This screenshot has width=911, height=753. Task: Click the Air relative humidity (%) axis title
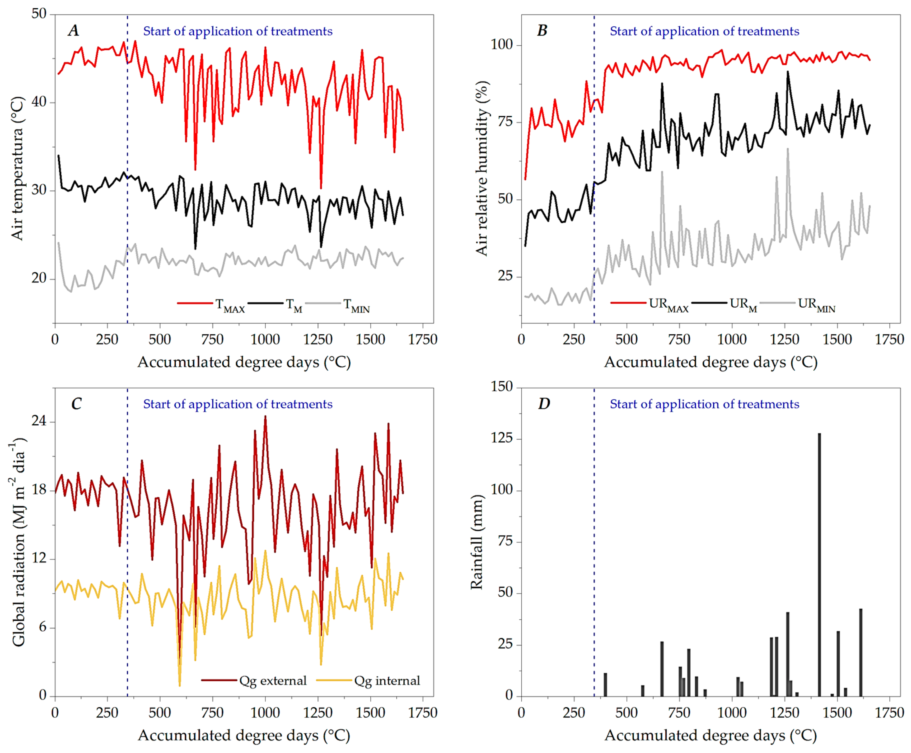(482, 169)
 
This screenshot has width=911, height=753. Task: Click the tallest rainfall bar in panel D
(819, 564)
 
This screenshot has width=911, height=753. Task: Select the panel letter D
(544, 404)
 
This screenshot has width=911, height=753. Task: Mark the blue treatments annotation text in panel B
(704, 31)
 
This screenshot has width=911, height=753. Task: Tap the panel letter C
(76, 404)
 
